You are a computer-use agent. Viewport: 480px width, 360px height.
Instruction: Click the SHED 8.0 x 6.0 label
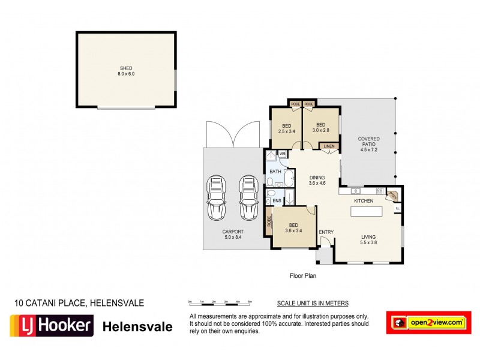tap(126, 70)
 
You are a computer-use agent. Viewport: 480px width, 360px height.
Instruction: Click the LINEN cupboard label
tap(329, 146)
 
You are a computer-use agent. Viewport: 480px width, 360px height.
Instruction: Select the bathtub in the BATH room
tap(289, 179)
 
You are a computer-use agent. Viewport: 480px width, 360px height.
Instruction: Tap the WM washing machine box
tap(282, 154)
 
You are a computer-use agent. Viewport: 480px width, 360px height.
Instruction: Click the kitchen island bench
tap(366, 212)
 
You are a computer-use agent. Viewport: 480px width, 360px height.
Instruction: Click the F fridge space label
tap(398, 209)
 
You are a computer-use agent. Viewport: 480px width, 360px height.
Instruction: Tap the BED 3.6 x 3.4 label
tap(293, 229)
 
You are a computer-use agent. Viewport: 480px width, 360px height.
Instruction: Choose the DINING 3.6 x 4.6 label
tap(317, 180)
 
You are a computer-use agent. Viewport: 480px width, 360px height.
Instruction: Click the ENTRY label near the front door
tap(326, 232)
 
